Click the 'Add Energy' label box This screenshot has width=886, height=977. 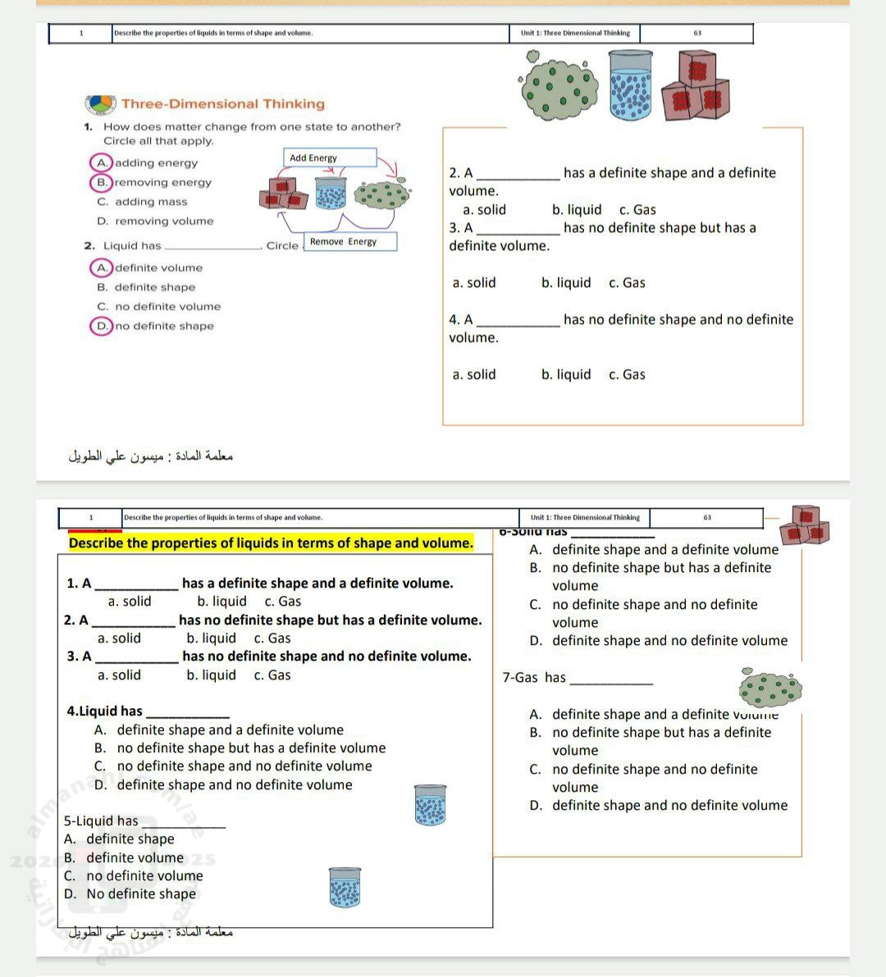[x=331, y=157]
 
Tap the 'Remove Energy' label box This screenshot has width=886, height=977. [x=350, y=242]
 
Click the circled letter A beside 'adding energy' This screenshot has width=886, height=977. [x=102, y=163]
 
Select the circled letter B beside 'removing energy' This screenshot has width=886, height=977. [x=102, y=182]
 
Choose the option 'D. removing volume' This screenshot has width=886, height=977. [x=155, y=221]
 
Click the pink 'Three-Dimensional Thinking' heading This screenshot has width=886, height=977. [x=222, y=104]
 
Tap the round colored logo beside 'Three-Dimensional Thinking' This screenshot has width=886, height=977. [x=101, y=105]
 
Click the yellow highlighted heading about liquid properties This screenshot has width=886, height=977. [x=271, y=543]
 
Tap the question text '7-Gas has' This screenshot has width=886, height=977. [x=534, y=677]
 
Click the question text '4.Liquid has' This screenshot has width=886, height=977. [x=104, y=711]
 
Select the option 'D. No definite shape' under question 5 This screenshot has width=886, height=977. [x=130, y=893]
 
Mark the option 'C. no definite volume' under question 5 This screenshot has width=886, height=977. [x=133, y=875]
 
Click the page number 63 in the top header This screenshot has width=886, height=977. [x=696, y=34]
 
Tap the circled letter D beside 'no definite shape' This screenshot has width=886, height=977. [x=102, y=325]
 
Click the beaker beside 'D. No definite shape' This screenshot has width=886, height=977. [x=345, y=888]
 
